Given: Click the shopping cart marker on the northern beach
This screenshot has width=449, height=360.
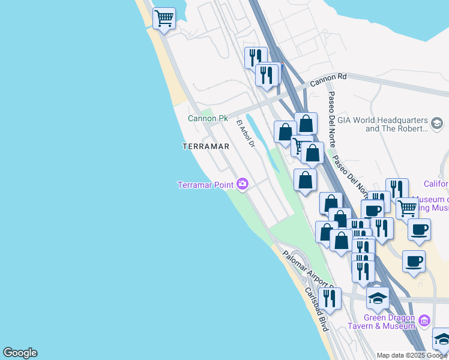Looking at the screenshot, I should (x=164, y=19).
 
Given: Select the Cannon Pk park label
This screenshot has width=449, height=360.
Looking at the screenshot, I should (x=208, y=118).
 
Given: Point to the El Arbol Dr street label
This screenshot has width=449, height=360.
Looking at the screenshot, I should (x=246, y=133).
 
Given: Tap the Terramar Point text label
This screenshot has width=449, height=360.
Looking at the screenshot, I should (x=205, y=184).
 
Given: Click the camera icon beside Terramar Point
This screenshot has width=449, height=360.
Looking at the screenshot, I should (x=243, y=184).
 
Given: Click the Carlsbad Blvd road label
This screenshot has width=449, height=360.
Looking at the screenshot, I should (x=316, y=310).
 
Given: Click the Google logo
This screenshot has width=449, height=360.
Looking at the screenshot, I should (x=20, y=353).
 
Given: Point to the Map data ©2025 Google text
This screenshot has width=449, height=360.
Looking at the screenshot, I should (x=412, y=355).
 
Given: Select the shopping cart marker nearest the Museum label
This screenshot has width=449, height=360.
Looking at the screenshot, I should (x=407, y=208).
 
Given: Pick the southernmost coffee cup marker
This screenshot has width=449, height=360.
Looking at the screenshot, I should (x=414, y=262).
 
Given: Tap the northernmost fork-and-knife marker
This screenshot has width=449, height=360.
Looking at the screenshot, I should (x=255, y=58).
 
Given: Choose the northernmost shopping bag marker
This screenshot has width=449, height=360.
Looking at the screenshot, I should (x=306, y=124).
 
